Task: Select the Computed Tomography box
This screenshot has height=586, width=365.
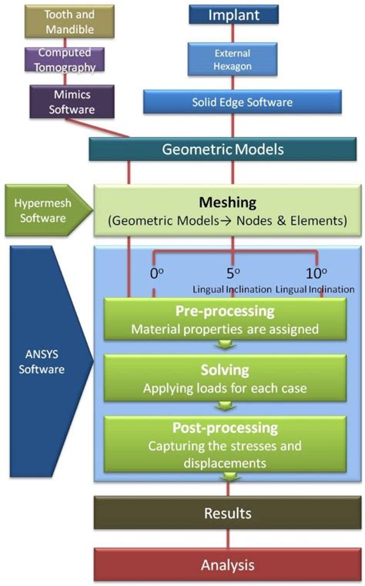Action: click(x=69, y=61)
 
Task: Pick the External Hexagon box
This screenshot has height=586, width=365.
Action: click(x=233, y=60)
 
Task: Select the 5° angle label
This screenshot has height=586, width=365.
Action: click(x=233, y=273)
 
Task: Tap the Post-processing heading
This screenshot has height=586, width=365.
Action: click(x=225, y=427)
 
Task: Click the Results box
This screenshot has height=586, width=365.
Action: click(x=227, y=512)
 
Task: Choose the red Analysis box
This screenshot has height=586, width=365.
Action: click(x=227, y=564)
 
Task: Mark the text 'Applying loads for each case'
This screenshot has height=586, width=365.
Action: click(x=225, y=388)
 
